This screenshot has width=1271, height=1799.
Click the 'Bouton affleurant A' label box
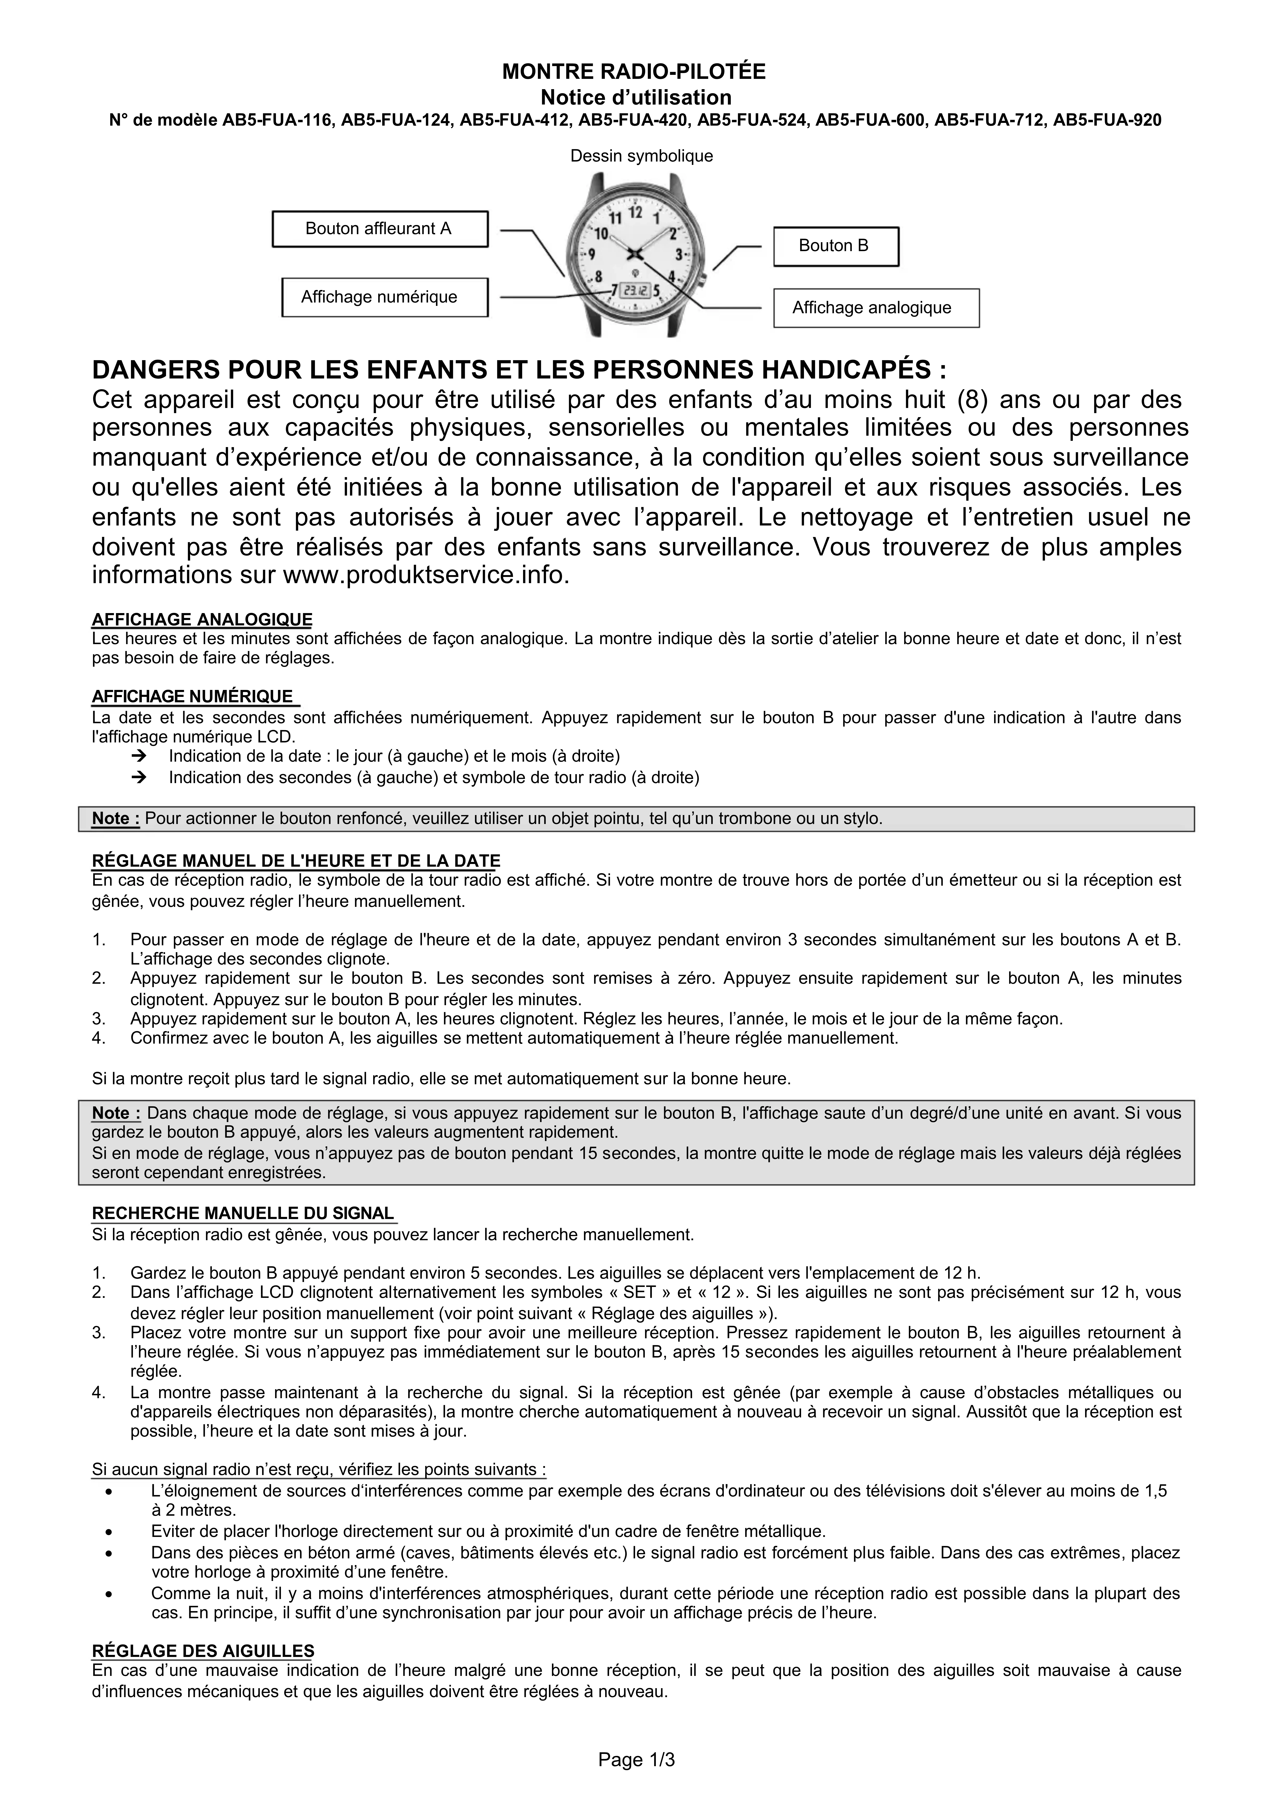[x=379, y=229]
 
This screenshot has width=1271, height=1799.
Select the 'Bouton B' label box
[x=835, y=246]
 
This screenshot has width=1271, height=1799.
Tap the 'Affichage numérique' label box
[x=384, y=297]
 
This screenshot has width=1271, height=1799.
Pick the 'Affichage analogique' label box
[x=875, y=308]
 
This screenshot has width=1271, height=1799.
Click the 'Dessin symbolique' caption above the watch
[x=641, y=156]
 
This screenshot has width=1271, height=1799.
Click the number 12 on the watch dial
[x=635, y=212]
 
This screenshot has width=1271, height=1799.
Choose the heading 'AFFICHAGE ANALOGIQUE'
[x=202, y=620]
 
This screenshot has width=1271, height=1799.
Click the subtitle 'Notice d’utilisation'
[x=635, y=98]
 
